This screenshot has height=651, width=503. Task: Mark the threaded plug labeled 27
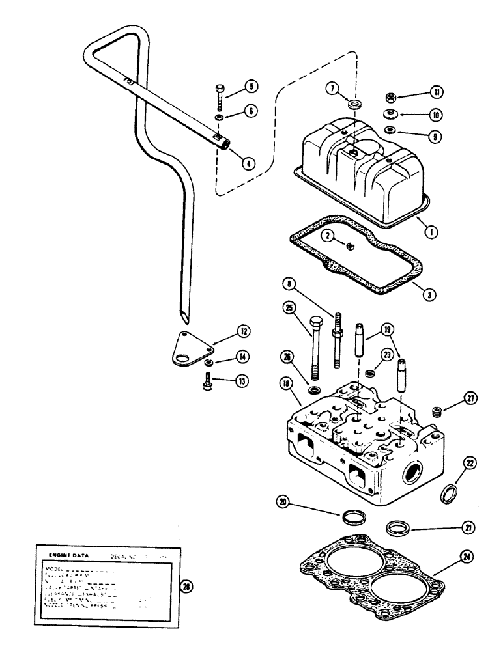(x=437, y=411)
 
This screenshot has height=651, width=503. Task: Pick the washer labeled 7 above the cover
(x=355, y=105)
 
